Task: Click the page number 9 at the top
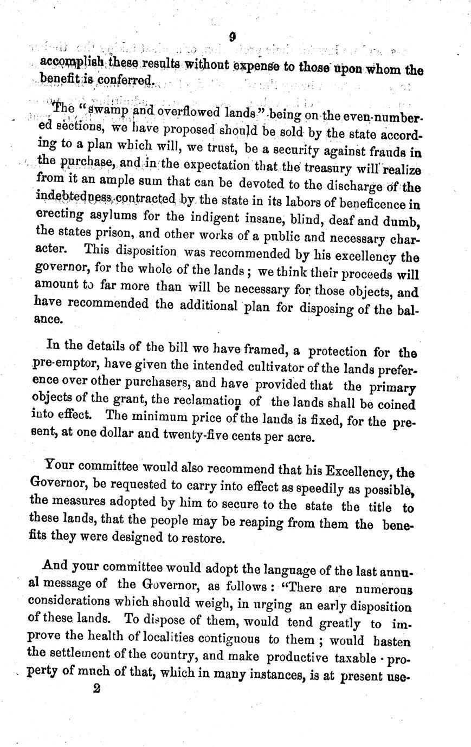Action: point(231,37)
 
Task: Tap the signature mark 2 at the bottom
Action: point(97,688)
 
